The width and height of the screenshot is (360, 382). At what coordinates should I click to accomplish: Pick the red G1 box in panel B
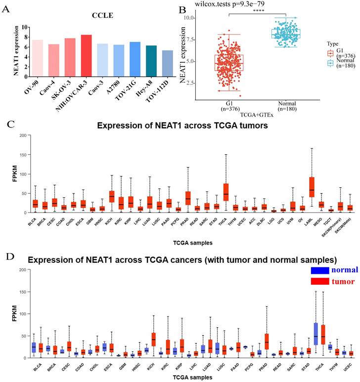[229, 62]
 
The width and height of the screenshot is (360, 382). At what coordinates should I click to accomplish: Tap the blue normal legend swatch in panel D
[320, 270]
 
